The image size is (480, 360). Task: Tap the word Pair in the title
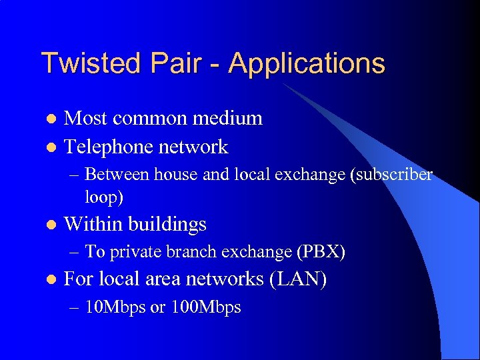tap(177, 63)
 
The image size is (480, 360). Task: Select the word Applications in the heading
tap(307, 64)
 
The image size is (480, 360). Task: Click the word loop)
tap(104, 198)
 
